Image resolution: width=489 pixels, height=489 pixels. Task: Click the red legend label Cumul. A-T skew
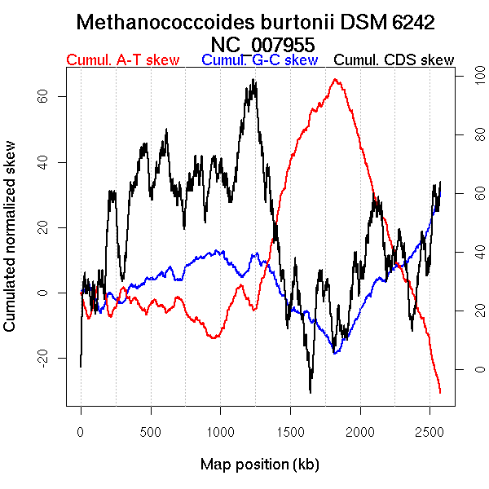[x=122, y=60]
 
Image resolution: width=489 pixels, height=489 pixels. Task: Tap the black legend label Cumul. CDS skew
[x=394, y=60]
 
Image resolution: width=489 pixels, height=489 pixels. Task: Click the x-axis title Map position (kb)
[x=259, y=465]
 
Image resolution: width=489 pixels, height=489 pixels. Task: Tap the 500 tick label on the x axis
[x=150, y=430]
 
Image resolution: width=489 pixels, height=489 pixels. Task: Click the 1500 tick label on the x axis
[x=290, y=430]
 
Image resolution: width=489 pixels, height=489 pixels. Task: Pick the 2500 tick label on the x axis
[x=430, y=430]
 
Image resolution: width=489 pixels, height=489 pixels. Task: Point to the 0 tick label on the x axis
[x=81, y=430]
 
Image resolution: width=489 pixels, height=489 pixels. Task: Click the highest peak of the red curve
[x=335, y=79]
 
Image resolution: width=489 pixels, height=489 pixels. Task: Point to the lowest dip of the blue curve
[x=334, y=353]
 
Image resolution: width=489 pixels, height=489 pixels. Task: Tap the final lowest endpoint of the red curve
[x=440, y=393]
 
